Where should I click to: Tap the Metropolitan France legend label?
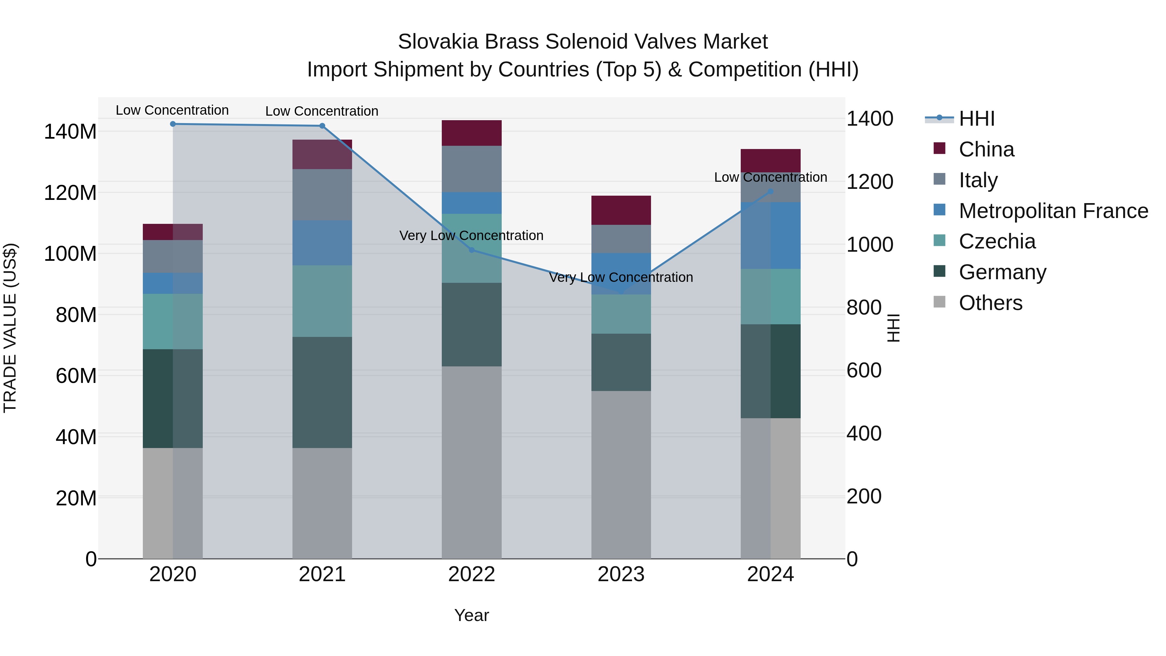pyautogui.click(x=1053, y=211)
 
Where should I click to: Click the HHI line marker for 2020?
pyautogui.click(x=173, y=124)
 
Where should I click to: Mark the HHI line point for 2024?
pyautogui.click(x=771, y=191)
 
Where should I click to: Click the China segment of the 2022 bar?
pyautogui.click(x=472, y=133)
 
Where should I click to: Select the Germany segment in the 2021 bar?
pyautogui.click(x=322, y=392)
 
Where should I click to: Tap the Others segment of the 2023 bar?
pyautogui.click(x=621, y=475)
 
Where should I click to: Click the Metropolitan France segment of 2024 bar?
pyautogui.click(x=771, y=236)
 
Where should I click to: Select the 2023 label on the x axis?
pyautogui.click(x=621, y=574)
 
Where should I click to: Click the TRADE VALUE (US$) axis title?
pyautogui.click(x=10, y=328)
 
